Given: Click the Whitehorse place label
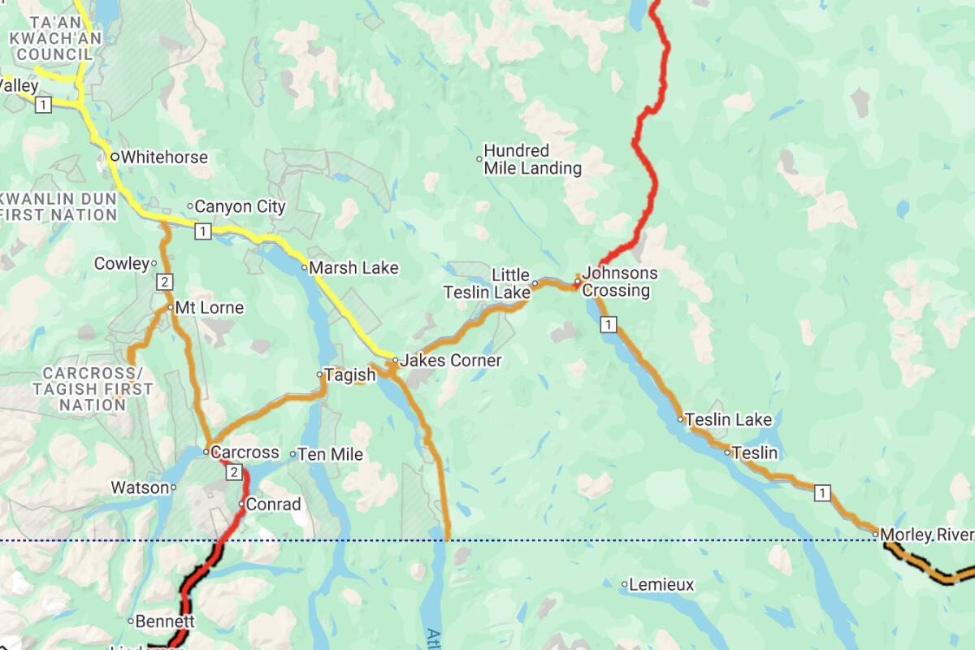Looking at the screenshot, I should coord(164,157).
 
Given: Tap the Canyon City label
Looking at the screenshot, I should coord(240,206).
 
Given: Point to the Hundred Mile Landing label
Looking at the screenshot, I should coord(532,160).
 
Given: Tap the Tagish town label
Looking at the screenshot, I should coord(349,375).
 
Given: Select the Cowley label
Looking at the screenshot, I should coord(122,263).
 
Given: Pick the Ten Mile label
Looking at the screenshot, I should coord(330,454).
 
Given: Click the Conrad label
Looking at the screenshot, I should coord(273,504).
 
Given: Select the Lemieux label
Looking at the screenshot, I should coord(661,584).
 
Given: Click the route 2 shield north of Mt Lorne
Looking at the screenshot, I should coord(164,282).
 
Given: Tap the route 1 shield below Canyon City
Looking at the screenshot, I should coord(203,232).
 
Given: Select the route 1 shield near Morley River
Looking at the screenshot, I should coord(823,492).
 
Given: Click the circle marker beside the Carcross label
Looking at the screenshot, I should coord(206,452).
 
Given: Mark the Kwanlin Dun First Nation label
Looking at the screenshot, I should coord(58,206).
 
